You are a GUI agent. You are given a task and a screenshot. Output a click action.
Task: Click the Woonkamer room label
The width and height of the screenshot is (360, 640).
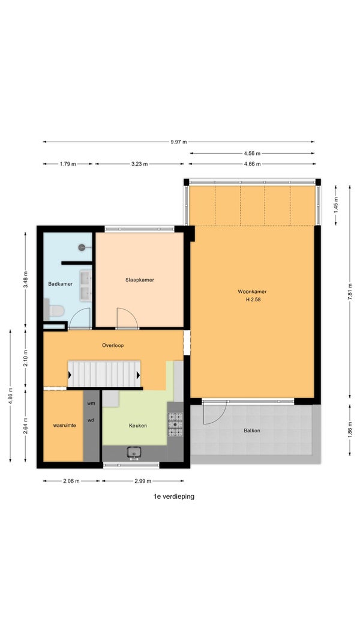(x=252, y=291)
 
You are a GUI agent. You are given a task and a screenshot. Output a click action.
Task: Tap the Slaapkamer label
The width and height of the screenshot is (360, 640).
(x=139, y=280)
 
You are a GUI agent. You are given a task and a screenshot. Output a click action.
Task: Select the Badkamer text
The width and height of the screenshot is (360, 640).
(x=61, y=283)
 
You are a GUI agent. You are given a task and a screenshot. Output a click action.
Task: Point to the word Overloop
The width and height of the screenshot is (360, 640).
(x=113, y=345)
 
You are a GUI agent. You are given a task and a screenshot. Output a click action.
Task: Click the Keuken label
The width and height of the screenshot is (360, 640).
(x=138, y=425)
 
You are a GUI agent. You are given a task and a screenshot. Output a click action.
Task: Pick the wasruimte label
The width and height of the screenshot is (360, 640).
(x=64, y=425)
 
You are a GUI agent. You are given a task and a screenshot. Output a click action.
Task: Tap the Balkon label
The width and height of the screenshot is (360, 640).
(x=252, y=430)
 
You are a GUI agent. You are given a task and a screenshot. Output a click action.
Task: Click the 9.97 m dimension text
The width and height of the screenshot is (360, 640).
(x=179, y=142)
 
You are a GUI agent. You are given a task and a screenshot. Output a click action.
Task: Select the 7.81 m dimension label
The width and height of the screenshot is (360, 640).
(x=349, y=291)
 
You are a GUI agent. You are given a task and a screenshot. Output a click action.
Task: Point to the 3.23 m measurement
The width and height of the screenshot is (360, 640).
(x=139, y=164)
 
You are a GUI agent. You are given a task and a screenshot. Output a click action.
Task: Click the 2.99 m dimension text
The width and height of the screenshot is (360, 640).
(x=143, y=481)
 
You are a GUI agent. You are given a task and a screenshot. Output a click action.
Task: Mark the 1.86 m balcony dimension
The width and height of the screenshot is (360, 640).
(x=349, y=429)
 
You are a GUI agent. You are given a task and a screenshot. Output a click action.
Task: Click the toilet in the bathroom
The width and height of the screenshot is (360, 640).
(x=53, y=310)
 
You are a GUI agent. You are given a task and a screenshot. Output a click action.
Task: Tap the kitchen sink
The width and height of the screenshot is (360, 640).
(x=134, y=452)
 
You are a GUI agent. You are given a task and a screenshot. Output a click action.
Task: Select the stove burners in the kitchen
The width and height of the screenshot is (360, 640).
(x=175, y=424)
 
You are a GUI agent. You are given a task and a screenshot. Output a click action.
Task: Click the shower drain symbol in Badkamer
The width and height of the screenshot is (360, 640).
(x=82, y=247)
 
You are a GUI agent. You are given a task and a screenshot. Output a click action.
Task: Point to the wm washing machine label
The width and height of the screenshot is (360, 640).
(x=91, y=403)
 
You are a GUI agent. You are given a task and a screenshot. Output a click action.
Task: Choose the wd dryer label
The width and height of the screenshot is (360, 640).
(x=91, y=420)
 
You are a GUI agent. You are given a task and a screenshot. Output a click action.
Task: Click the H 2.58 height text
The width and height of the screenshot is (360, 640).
(x=252, y=300)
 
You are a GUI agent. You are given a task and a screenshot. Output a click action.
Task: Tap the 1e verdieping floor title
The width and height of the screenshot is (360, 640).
(x=173, y=497)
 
